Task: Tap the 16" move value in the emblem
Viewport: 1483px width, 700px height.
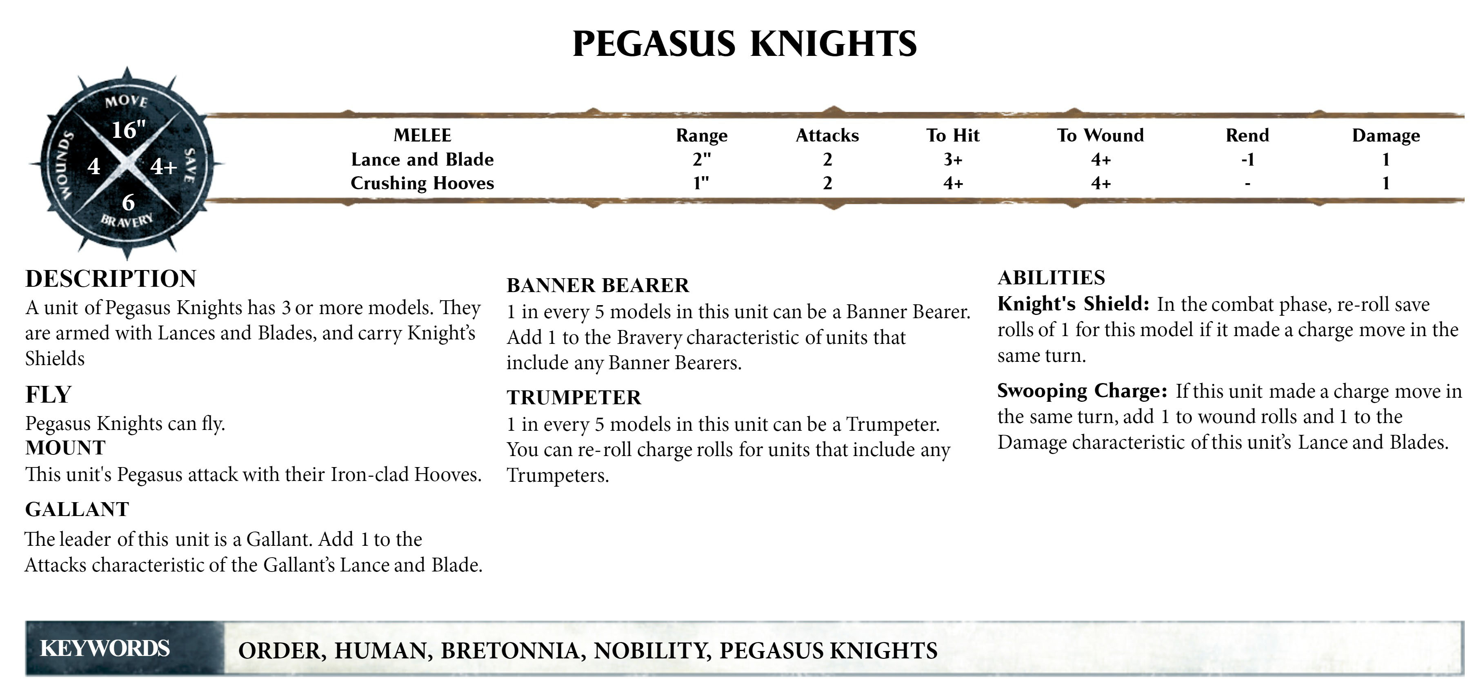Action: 128,130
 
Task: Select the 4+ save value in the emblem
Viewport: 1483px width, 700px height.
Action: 163,167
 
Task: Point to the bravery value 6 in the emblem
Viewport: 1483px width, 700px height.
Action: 128,202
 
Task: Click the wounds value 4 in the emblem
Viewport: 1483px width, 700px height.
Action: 94,167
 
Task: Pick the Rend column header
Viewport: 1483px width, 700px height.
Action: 1247,135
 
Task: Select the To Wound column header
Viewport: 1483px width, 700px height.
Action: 1100,135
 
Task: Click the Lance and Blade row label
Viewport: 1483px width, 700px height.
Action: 422,159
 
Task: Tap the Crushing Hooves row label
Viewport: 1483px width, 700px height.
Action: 422,183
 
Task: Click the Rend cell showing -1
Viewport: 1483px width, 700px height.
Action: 1247,159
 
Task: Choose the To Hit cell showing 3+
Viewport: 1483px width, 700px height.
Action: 953,159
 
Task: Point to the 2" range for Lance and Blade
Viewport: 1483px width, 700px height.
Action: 701,159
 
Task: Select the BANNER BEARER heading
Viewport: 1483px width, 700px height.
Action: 597,285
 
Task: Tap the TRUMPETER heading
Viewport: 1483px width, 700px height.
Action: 574,397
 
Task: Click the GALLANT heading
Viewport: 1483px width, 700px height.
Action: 77,509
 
